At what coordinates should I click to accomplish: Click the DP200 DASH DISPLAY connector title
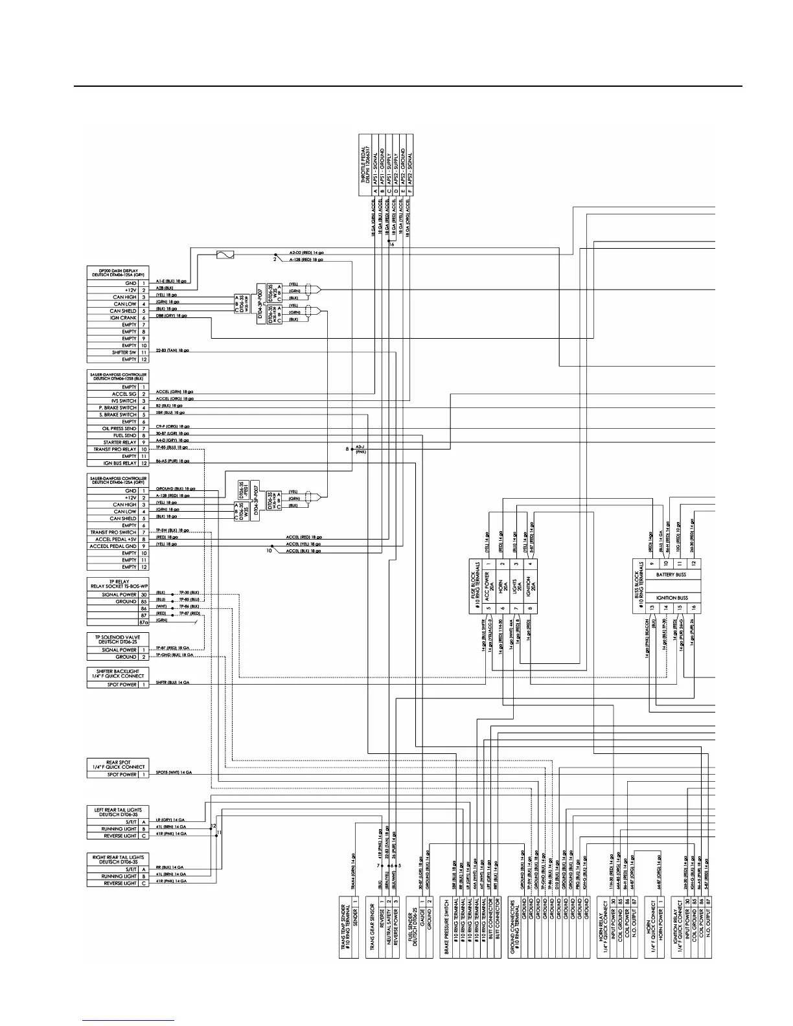[x=118, y=272]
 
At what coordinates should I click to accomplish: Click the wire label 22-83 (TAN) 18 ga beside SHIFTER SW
[x=172, y=350]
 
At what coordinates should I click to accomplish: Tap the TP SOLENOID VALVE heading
[x=118, y=639]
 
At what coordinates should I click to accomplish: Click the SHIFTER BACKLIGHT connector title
[x=118, y=674]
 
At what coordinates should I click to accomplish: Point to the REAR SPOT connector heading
[x=118, y=764]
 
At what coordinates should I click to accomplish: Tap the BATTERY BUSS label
[x=672, y=575]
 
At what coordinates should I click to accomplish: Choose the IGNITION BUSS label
[x=672, y=598]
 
